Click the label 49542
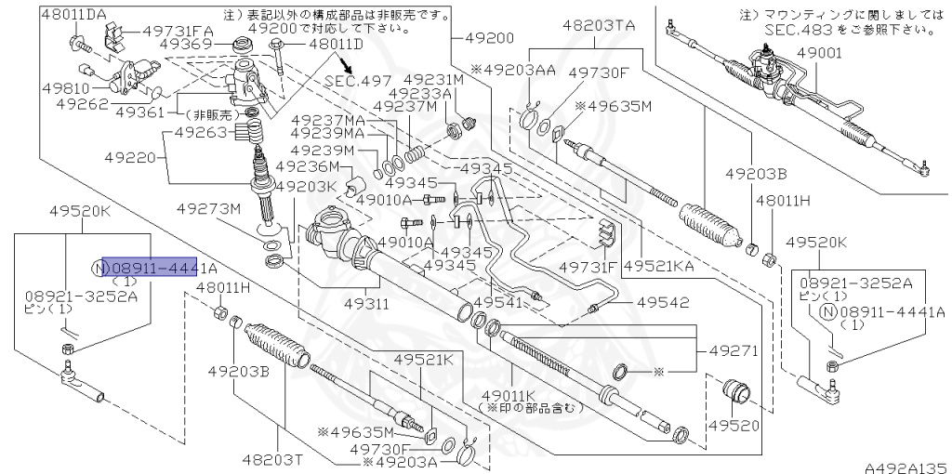[663, 303]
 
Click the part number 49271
[734, 351]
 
